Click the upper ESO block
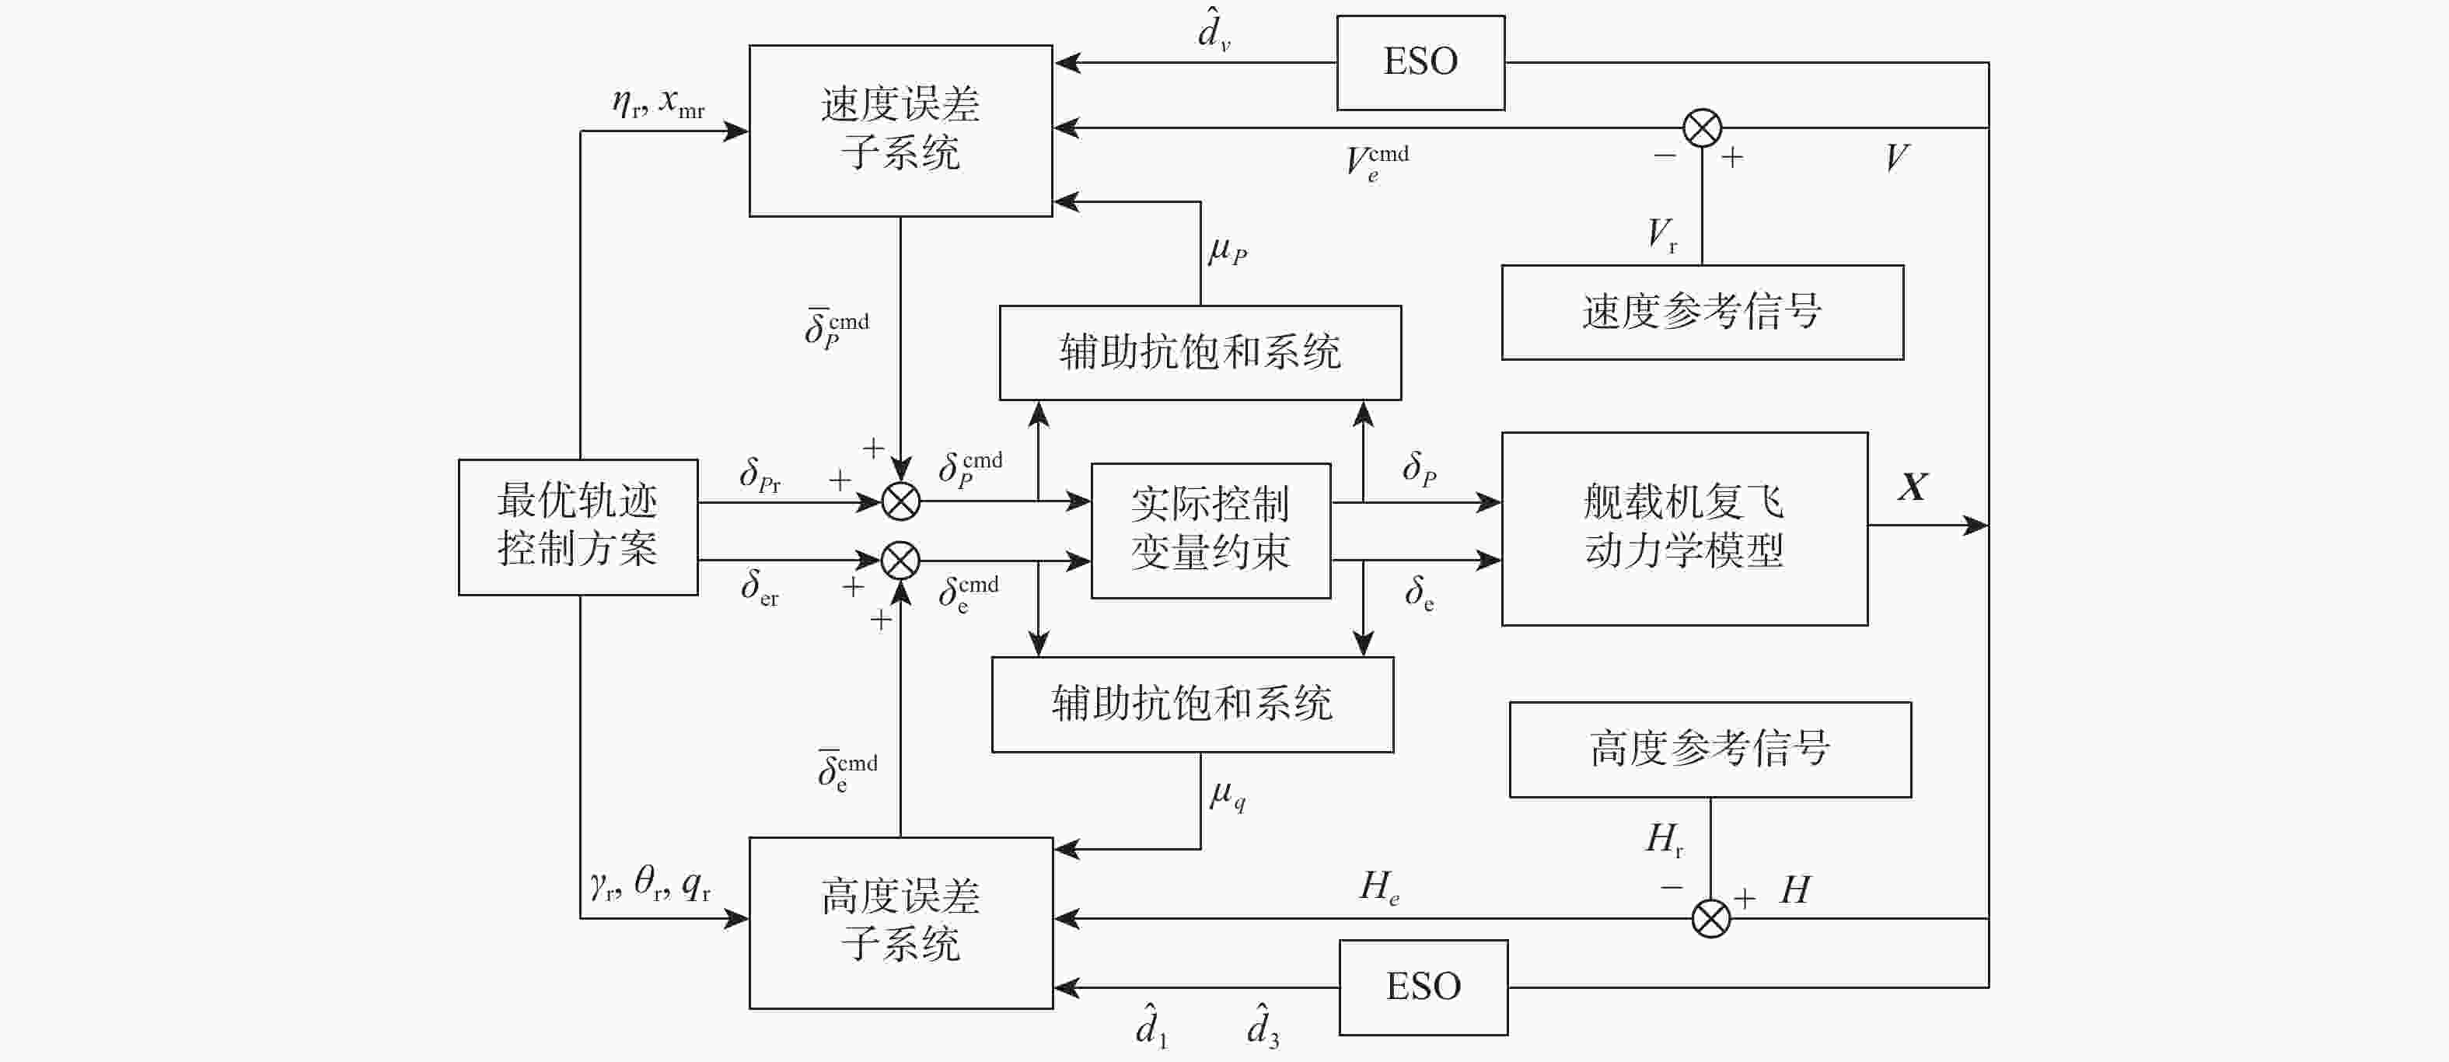pos(1420,63)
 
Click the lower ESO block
pos(1424,987)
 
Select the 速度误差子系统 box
pos(900,131)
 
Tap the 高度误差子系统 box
pos(900,922)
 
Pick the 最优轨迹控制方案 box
pos(578,526)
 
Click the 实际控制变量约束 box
pos(1211,530)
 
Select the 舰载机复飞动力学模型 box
pos(1684,529)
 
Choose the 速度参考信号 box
pos(1702,312)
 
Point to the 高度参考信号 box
pos(1710,749)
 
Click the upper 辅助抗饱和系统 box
pos(1200,351)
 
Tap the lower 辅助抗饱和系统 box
pos(1192,704)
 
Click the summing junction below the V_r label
pos(1702,128)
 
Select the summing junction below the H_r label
pos(1710,918)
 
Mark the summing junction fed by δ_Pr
pos(900,501)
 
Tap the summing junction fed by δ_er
pos(900,560)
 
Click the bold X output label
pos(1912,487)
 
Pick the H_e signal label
pos(1379,887)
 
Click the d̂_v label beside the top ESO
pos(1213,30)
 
